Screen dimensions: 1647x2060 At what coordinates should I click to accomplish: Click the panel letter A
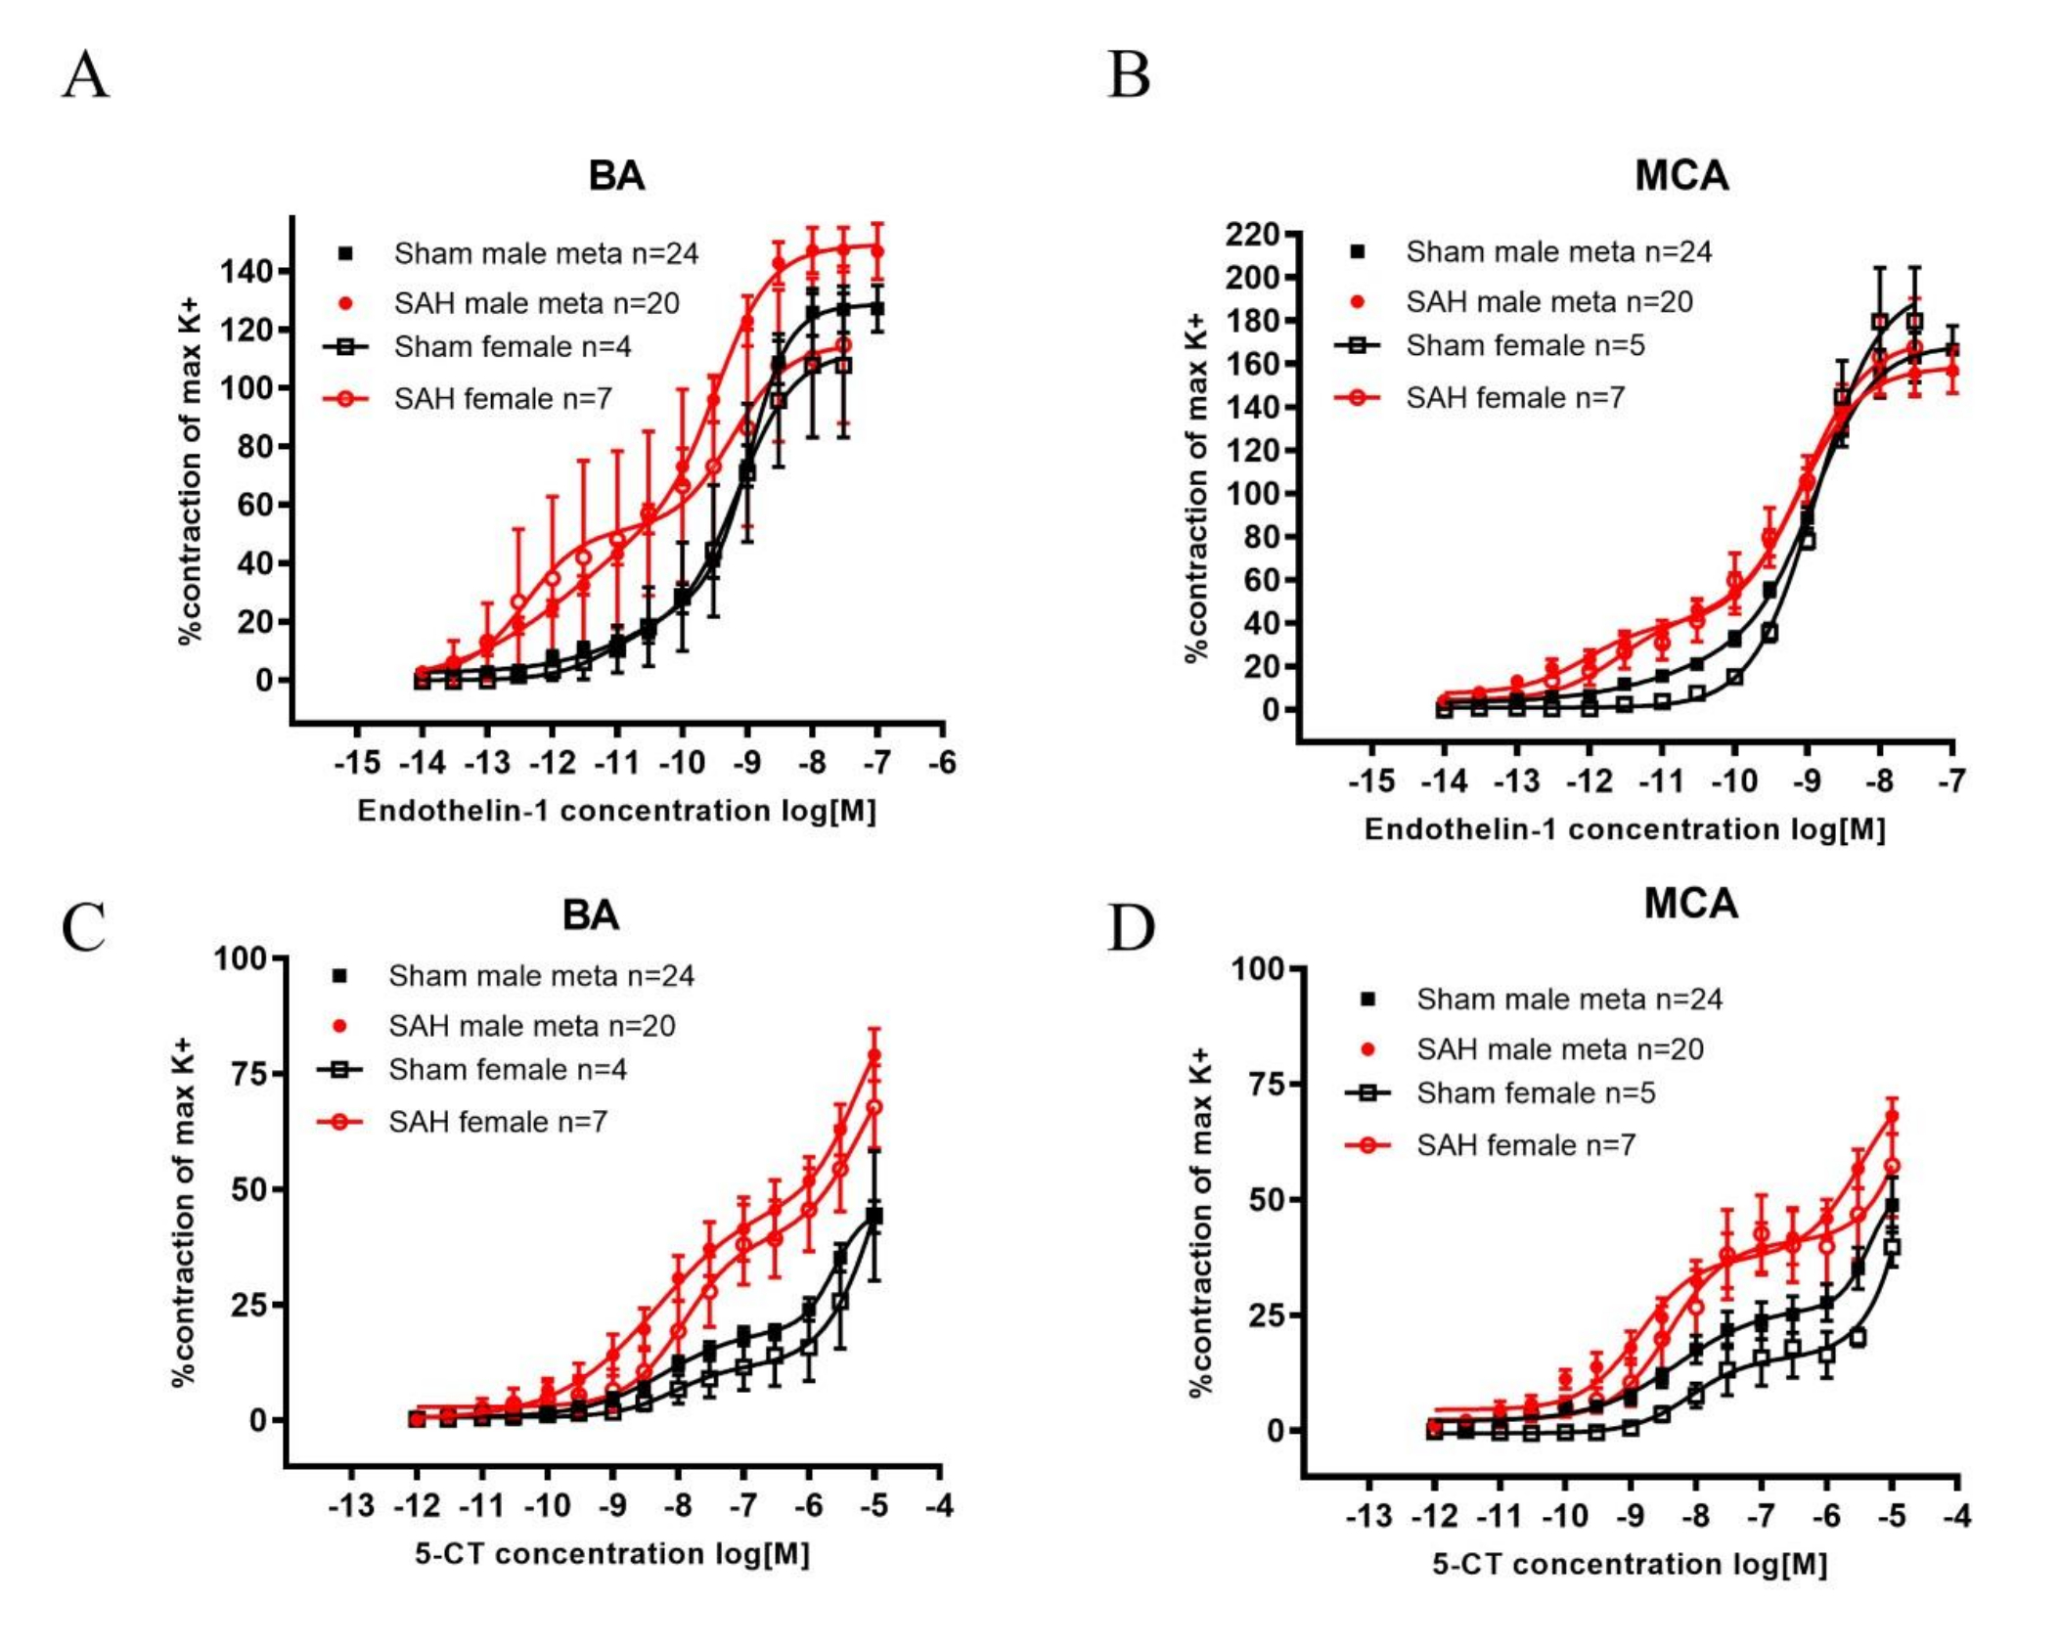86,75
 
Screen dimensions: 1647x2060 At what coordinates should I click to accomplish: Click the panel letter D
1130,928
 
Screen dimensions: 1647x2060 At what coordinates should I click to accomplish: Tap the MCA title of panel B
1681,176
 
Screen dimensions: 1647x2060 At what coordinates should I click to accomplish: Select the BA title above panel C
590,915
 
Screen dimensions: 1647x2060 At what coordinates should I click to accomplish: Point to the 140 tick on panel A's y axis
247,271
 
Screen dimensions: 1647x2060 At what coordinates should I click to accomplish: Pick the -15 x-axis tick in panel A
357,762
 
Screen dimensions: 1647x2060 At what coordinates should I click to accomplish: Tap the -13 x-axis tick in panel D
1368,1516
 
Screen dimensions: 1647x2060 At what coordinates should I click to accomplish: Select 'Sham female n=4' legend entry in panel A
512,347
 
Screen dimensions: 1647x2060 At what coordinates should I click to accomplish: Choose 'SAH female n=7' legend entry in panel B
1514,398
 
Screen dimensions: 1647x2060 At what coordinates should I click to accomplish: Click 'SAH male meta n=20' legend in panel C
531,1026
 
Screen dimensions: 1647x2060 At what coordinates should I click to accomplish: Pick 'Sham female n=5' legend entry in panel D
1535,1092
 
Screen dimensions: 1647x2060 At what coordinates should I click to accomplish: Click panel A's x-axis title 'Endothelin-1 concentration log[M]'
616,811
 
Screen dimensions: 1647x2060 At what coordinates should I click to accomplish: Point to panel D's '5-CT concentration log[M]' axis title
1630,1564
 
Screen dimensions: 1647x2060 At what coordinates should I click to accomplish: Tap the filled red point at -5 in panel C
874,1056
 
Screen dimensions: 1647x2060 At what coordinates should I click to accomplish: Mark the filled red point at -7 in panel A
877,251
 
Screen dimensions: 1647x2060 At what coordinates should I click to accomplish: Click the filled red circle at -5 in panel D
1892,1116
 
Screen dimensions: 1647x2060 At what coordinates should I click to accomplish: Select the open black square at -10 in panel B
1734,677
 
